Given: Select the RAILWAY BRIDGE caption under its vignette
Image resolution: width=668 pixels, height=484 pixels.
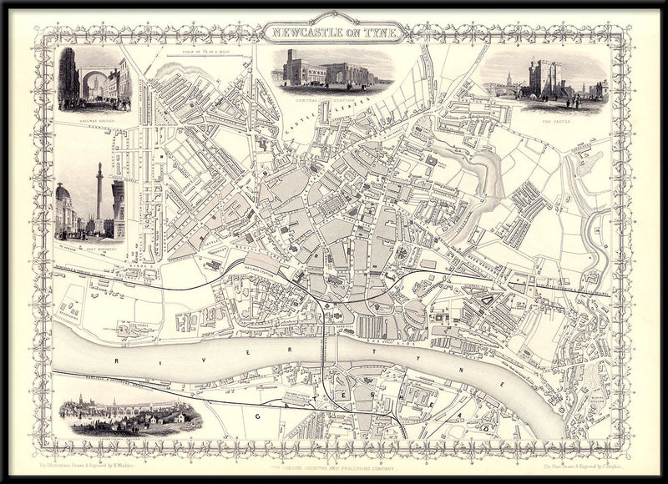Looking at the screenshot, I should point(94,119).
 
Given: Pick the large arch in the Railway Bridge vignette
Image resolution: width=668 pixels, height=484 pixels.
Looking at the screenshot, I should point(94,83).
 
